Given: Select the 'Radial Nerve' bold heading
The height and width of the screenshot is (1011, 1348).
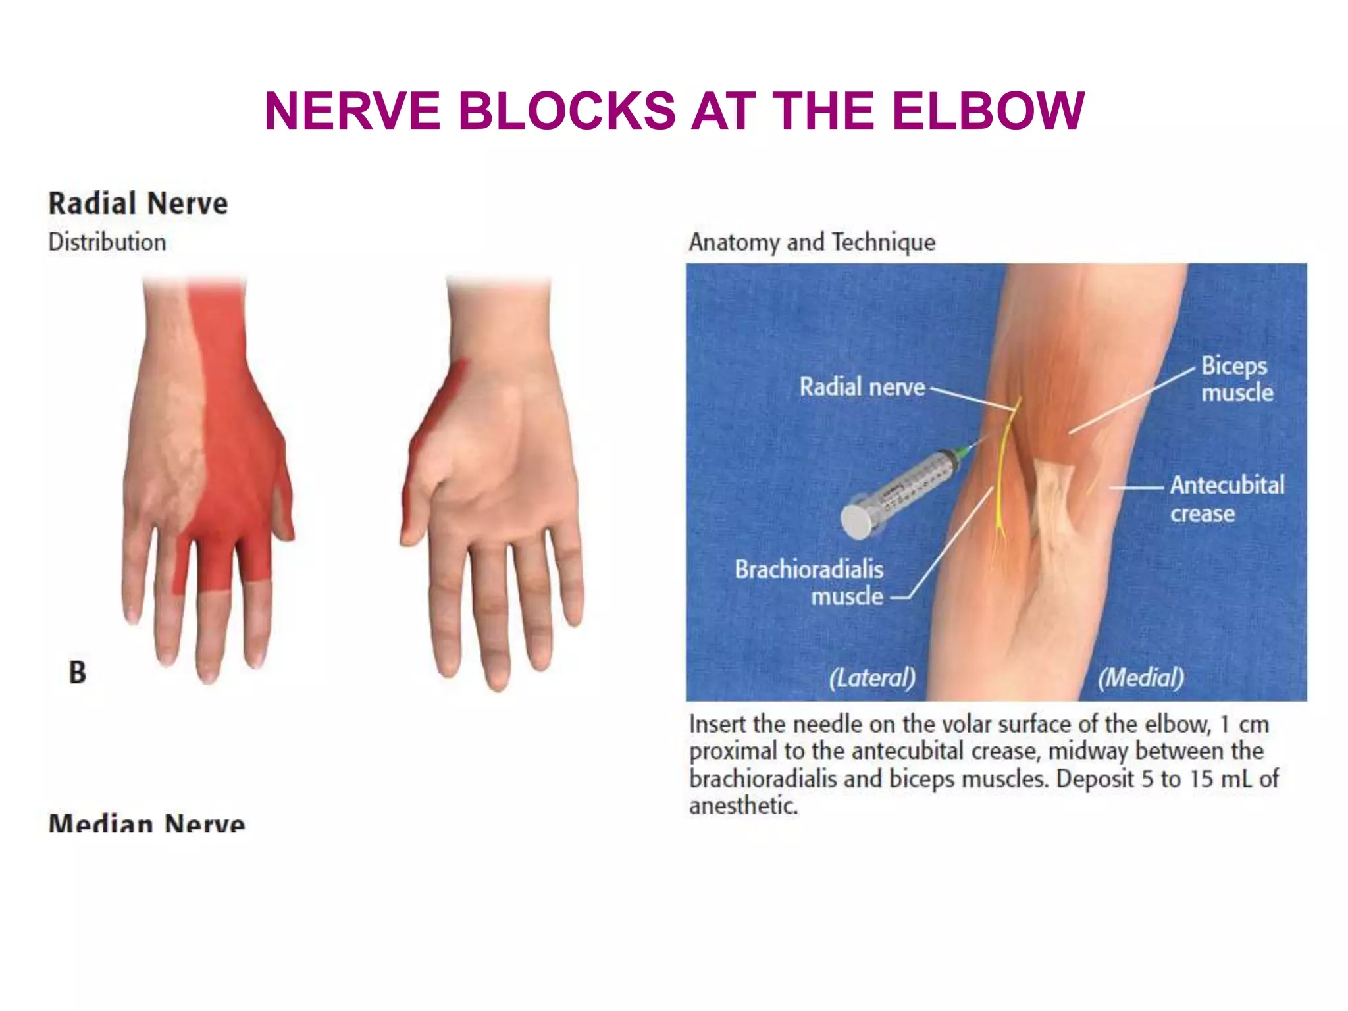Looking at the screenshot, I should click(138, 203).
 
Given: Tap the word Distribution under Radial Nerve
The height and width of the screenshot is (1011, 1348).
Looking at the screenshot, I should click(107, 242).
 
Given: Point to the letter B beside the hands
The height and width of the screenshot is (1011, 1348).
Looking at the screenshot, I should click(78, 672).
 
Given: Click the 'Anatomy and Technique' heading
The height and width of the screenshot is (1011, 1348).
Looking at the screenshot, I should click(812, 242).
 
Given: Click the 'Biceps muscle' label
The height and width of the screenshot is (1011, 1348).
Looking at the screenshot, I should click(1236, 379).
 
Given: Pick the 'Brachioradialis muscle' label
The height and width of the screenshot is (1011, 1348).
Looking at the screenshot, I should click(810, 583).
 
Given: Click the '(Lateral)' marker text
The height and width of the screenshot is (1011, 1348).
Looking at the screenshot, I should click(872, 677).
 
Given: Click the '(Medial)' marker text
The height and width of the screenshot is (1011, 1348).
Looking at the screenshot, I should click(1141, 677).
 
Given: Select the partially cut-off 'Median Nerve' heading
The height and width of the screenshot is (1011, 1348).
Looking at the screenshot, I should click(147, 823).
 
